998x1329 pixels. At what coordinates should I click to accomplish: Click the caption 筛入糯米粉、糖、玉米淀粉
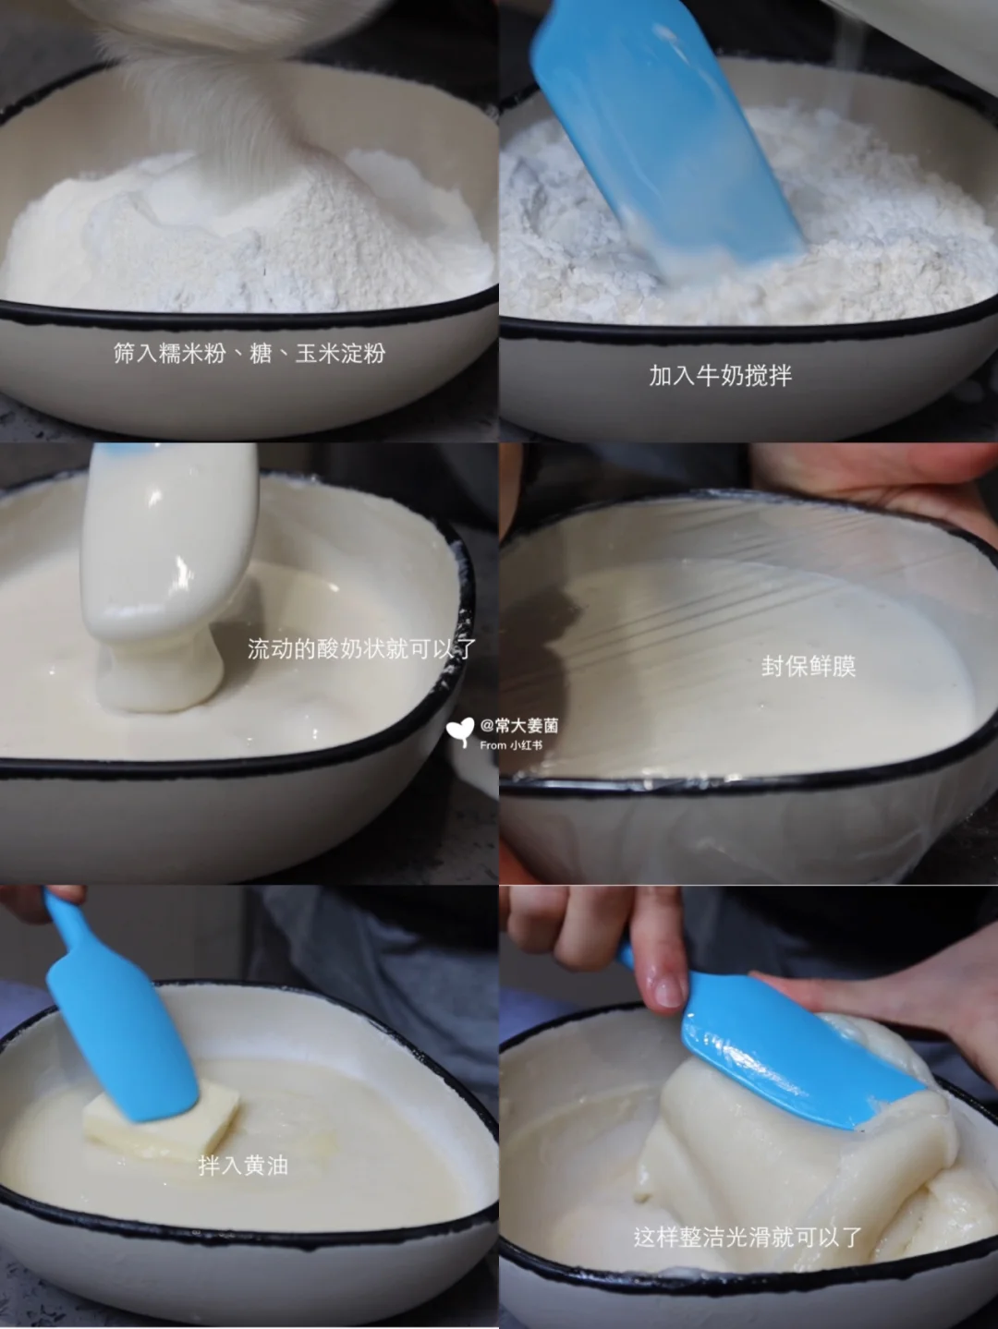[x=249, y=353]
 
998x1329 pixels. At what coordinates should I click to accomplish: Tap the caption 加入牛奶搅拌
[x=721, y=375]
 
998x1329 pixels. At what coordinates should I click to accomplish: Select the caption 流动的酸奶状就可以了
[x=362, y=648]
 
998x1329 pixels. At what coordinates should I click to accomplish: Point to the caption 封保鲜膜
[x=809, y=667]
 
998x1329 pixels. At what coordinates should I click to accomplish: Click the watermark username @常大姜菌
[x=519, y=725]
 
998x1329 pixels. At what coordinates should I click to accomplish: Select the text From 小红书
[x=511, y=745]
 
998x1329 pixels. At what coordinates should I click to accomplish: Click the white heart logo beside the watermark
[x=459, y=731]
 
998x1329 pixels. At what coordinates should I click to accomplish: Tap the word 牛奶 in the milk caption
[x=721, y=375]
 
